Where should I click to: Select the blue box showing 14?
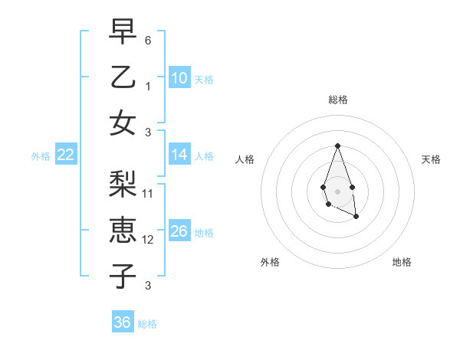point(179,155)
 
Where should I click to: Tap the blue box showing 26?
point(179,231)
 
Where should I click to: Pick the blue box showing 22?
point(66,155)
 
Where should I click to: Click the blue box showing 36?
point(123,322)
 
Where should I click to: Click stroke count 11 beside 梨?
point(148,193)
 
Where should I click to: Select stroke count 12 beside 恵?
point(148,240)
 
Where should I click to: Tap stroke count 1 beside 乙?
point(148,87)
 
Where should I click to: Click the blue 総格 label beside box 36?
point(147,324)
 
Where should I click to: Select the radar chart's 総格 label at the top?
point(337,100)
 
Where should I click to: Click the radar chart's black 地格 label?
point(402,262)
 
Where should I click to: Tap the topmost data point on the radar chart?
point(337,146)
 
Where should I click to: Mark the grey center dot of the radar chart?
point(337,190)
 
